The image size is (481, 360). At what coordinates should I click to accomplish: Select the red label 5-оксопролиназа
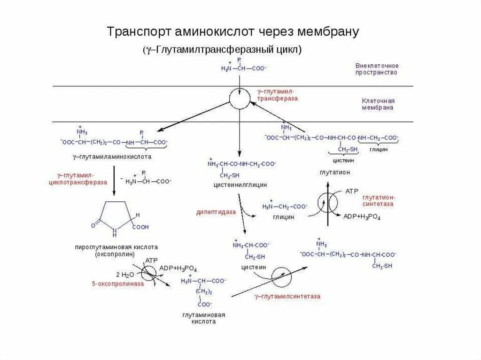point(117,283)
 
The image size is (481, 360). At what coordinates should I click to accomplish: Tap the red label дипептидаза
point(216,212)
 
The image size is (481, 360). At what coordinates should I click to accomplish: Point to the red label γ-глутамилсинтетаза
point(288,296)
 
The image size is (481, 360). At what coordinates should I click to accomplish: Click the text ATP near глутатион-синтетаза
point(352,191)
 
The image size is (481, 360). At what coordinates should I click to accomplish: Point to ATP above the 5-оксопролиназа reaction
point(151,260)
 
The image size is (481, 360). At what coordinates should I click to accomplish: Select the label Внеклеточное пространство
point(377,69)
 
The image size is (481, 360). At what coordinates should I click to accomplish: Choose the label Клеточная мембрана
point(378,104)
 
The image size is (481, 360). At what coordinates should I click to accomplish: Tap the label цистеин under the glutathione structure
point(343,160)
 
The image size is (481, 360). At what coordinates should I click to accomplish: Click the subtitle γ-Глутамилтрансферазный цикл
point(223,50)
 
